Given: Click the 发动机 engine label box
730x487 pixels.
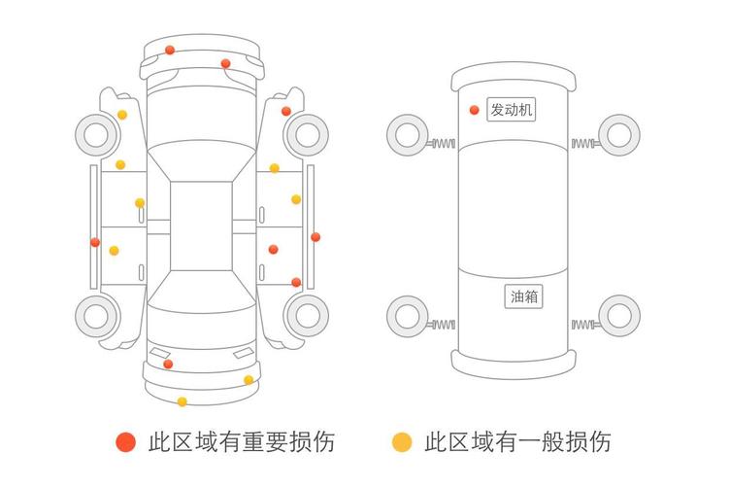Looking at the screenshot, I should [511, 110].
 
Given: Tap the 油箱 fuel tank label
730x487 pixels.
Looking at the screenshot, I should [524, 296].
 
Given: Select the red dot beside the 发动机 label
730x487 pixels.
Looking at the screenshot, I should [474, 110].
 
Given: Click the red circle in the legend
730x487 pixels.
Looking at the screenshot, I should [125, 442].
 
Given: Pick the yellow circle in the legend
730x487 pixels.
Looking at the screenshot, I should [401, 442].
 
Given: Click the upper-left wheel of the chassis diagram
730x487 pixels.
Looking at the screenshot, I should [407, 133].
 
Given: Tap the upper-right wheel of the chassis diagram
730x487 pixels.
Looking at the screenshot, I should [618, 133].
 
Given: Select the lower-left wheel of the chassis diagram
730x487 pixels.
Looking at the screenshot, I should [407, 315].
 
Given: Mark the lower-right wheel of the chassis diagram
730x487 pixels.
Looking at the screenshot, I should [618, 315].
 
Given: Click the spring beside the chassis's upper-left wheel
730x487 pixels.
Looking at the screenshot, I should [443, 145].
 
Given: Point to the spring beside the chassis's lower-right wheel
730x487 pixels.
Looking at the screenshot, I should [583, 324].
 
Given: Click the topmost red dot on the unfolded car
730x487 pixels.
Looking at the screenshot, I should [170, 50].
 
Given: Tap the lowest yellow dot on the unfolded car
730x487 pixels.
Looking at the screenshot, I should [182, 401].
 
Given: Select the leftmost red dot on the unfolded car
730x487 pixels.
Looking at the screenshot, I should [95, 242].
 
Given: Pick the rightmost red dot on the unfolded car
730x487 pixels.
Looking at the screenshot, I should [315, 236].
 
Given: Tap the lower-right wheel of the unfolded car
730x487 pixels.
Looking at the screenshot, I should [308, 315].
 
